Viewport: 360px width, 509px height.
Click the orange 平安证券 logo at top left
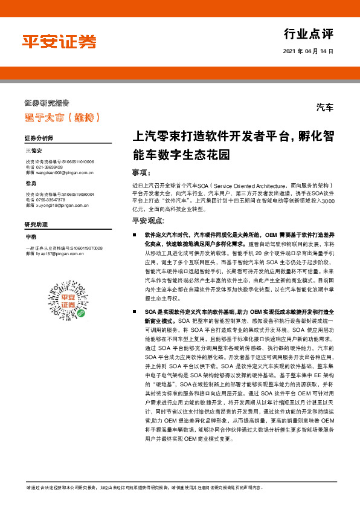(x=59, y=42)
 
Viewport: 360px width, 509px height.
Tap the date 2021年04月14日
(x=307, y=51)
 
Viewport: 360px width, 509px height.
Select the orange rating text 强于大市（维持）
(x=58, y=116)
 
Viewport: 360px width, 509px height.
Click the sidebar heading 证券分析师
(x=39, y=138)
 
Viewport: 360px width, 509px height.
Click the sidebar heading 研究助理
(x=36, y=224)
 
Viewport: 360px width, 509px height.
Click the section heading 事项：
(x=140, y=172)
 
